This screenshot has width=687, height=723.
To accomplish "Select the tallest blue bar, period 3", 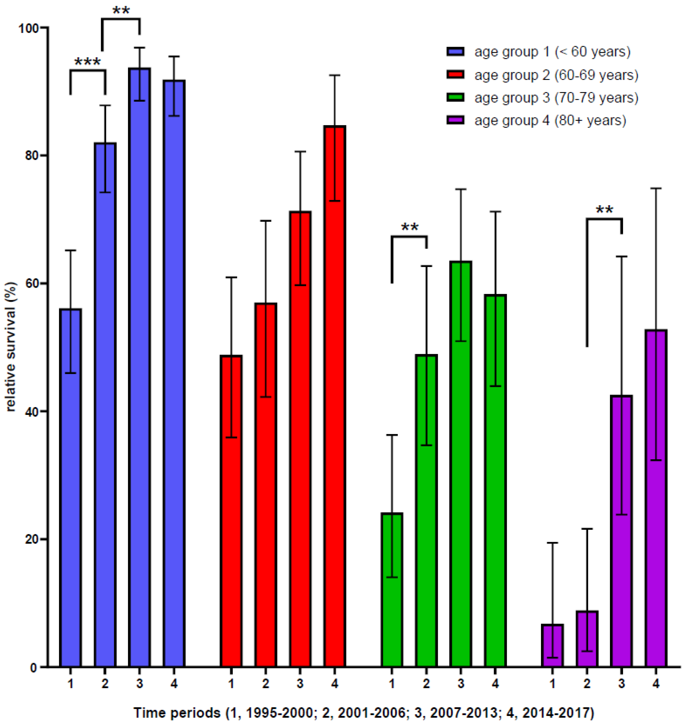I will (139, 366).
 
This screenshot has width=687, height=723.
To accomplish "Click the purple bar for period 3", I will (621, 531).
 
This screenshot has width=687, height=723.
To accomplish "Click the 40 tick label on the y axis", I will (31, 412).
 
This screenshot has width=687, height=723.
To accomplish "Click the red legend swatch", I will (456, 75).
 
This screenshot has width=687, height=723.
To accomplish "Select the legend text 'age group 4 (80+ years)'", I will (550, 120).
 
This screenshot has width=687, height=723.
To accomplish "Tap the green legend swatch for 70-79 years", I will (456, 97).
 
